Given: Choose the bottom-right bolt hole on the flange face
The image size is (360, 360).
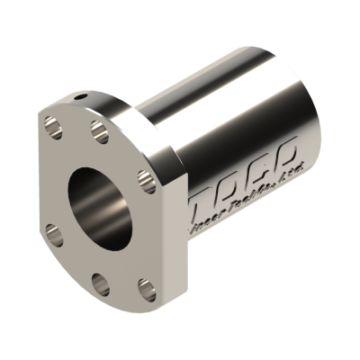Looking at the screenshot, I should [145, 289].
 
